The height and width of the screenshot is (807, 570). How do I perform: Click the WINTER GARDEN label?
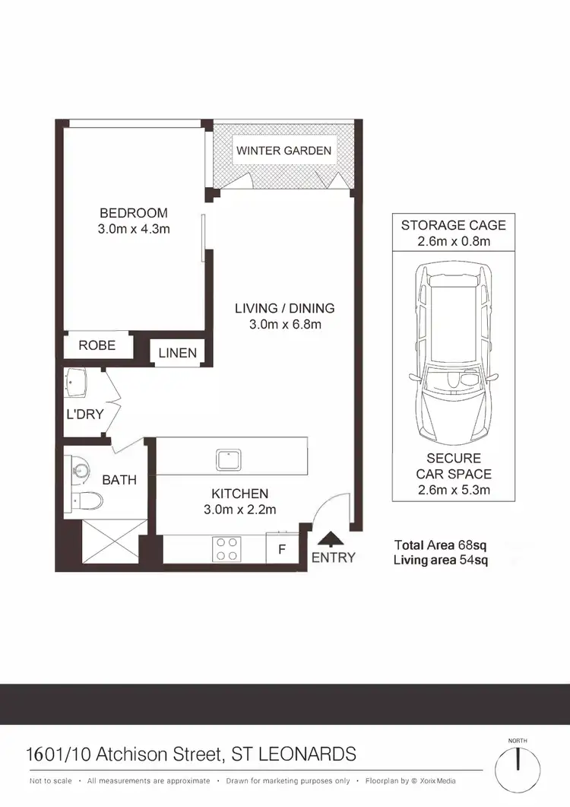pos(283,151)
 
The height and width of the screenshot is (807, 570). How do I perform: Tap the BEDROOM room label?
pos(134,213)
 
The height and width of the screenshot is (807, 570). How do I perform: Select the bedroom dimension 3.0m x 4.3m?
pos(134,229)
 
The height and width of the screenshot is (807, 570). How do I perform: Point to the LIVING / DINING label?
pos(284,308)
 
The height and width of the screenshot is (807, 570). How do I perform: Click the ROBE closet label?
pos(97,345)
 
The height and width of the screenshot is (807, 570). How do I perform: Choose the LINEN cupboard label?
pos(178,352)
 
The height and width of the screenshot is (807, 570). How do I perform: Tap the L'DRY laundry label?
pos(84,415)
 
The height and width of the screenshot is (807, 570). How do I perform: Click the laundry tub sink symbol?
pos(77,383)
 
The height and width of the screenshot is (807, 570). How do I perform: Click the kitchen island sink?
pos(228,459)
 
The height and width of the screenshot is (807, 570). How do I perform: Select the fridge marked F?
pos(281,548)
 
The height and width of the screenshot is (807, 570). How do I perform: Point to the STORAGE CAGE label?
pos(453,225)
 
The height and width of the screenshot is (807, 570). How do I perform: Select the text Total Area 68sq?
pos(440,545)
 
